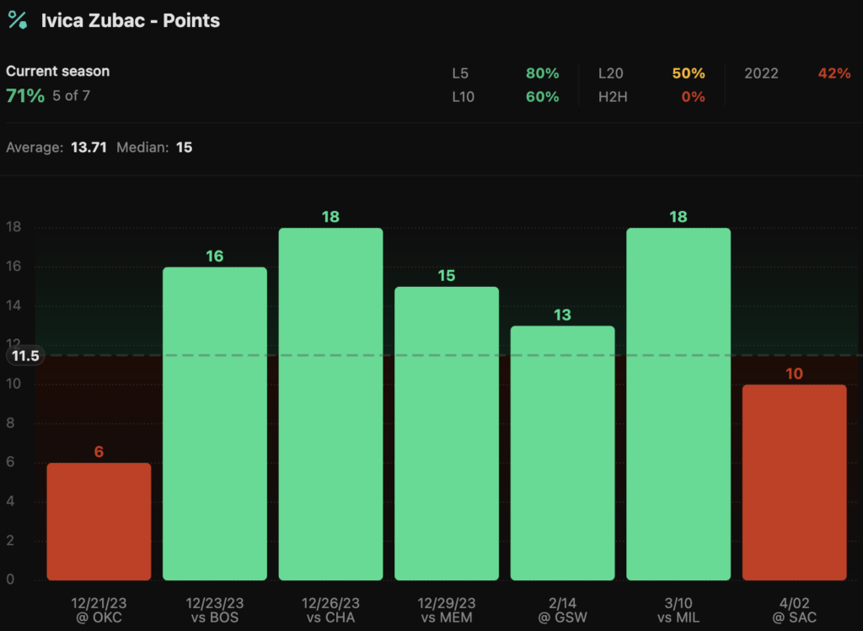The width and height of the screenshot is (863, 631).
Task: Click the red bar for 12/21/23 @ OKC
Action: pyautogui.click(x=99, y=521)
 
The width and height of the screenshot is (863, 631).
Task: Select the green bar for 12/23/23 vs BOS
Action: pyautogui.click(x=215, y=423)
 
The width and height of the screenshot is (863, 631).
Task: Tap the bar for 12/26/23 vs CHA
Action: pyautogui.click(x=330, y=404)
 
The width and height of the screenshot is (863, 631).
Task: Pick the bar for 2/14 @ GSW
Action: pyautogui.click(x=562, y=453)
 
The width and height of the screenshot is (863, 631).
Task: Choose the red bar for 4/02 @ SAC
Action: pyautogui.click(x=794, y=483)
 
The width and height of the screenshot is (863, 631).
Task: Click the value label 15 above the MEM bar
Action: pyautogui.click(x=447, y=276)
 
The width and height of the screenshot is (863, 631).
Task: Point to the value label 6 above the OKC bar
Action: pyautogui.click(x=99, y=452)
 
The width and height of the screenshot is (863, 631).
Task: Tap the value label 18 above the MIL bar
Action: pyautogui.click(x=678, y=217)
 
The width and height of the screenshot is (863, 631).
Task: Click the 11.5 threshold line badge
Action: pyautogui.click(x=24, y=356)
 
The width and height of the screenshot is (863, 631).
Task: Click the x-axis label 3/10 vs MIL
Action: pyautogui.click(x=678, y=610)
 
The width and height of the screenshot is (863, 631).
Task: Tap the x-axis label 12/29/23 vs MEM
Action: pyautogui.click(x=447, y=610)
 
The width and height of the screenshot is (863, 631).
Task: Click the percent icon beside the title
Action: pyautogui.click(x=17, y=20)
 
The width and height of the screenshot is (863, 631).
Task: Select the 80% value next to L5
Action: pyautogui.click(x=542, y=73)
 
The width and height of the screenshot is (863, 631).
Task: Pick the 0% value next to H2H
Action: pyautogui.click(x=693, y=97)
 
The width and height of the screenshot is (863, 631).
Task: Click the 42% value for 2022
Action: pyautogui.click(x=834, y=73)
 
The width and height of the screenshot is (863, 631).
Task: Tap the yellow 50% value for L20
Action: pyautogui.click(x=688, y=73)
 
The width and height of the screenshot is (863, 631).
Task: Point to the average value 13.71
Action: pyautogui.click(x=88, y=148)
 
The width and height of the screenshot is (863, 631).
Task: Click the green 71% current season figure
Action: pyautogui.click(x=25, y=95)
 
